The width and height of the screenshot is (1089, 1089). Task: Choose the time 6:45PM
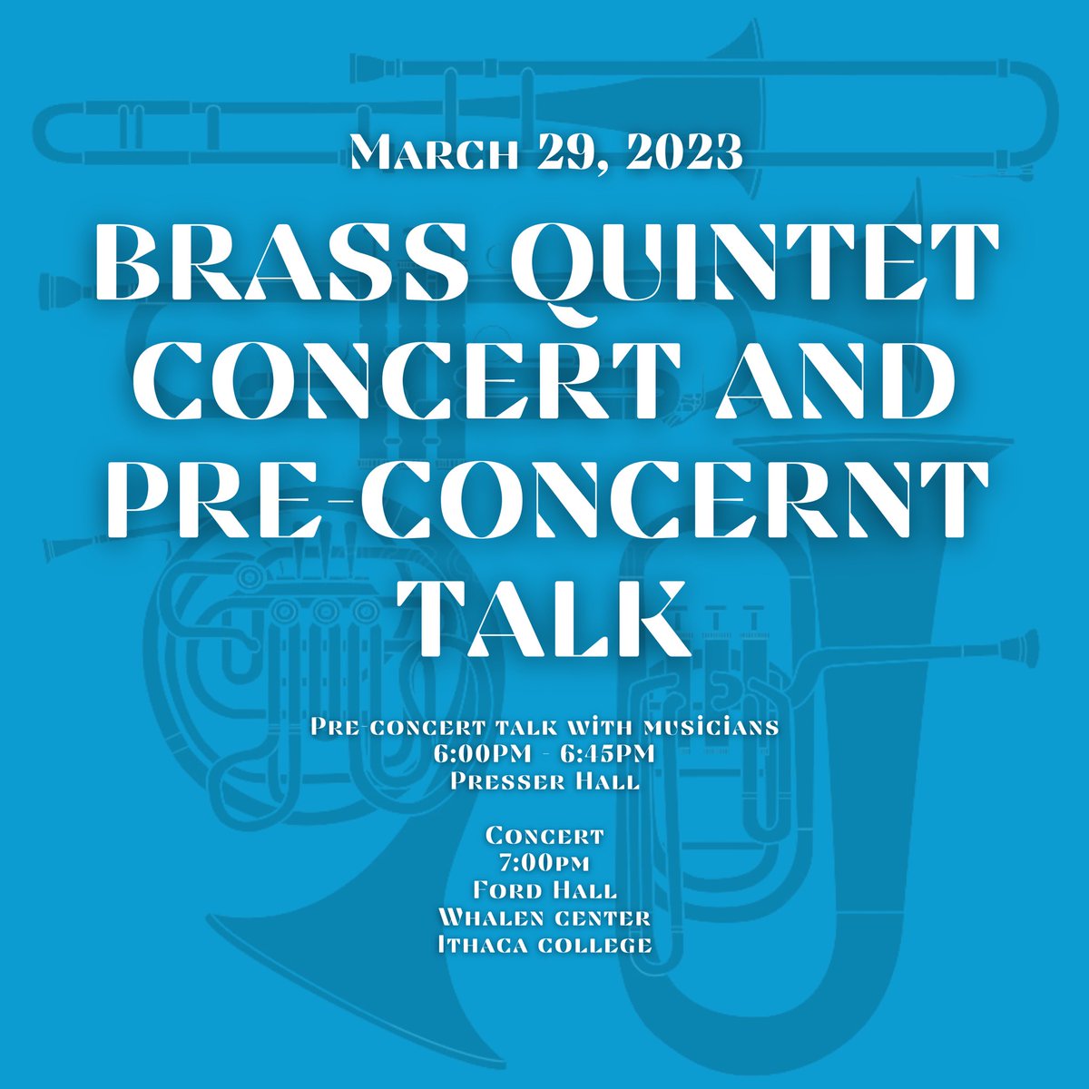(609, 754)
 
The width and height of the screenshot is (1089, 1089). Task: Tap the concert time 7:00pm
(544, 861)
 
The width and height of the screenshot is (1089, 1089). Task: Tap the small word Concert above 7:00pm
(544, 834)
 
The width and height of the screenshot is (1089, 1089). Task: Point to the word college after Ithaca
(603, 945)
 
